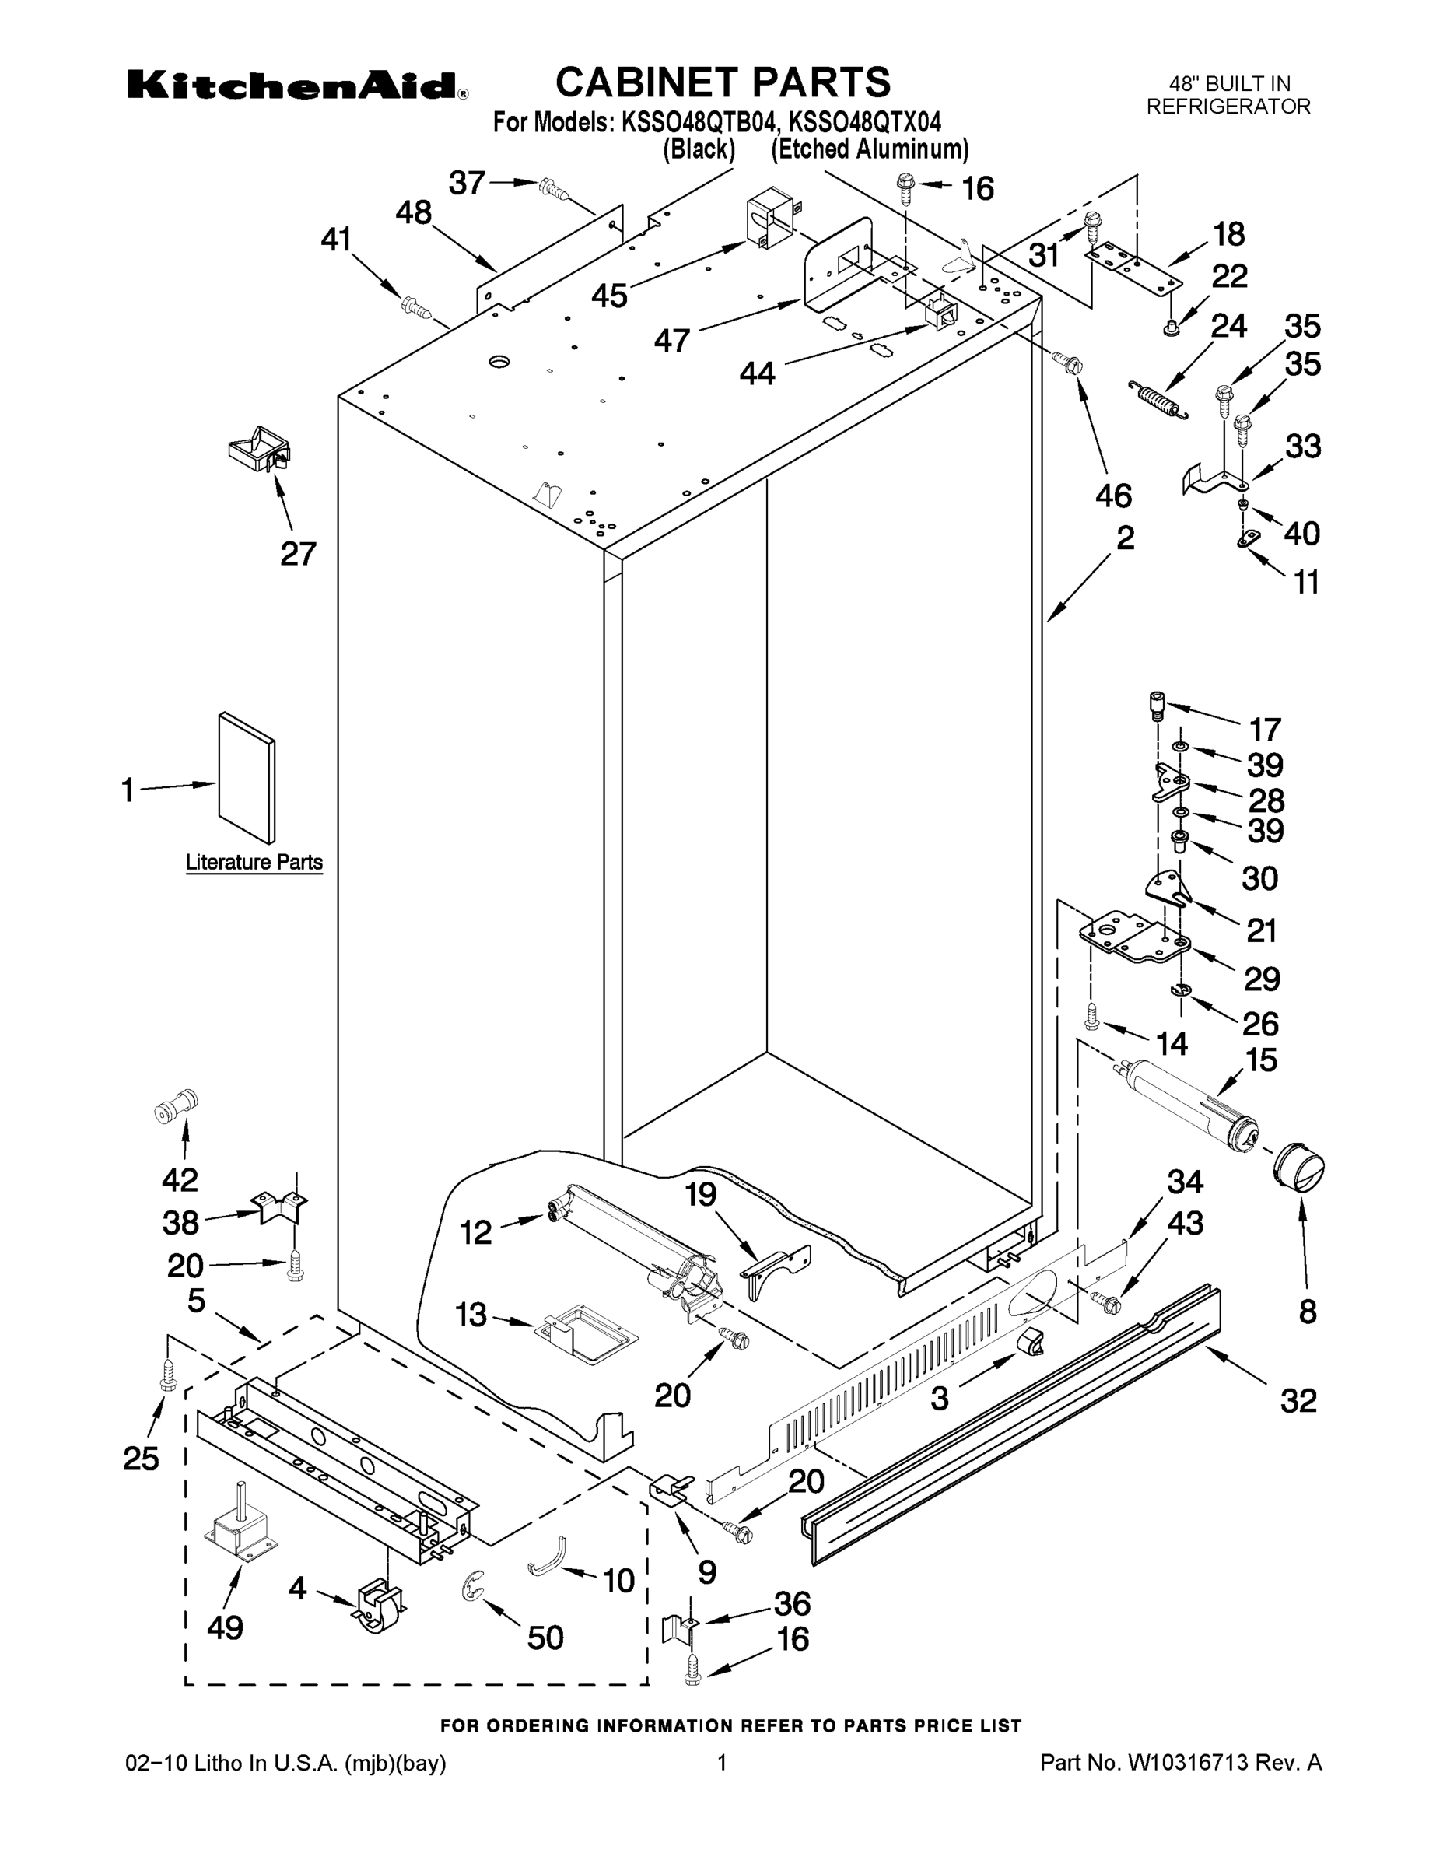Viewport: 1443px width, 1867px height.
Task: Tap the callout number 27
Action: pos(299,554)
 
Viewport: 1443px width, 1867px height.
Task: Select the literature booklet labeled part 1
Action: pos(246,777)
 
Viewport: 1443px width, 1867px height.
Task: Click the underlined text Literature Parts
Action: pos(254,863)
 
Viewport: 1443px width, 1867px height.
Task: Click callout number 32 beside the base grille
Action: pos(1298,1402)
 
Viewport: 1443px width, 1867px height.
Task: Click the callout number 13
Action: pos(471,1315)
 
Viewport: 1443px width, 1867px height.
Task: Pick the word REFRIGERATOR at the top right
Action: pos(1228,107)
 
